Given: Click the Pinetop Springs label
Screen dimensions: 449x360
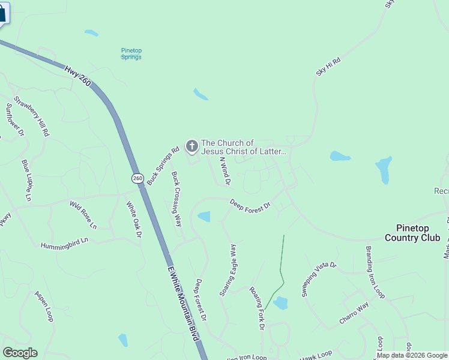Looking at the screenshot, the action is coord(131,54).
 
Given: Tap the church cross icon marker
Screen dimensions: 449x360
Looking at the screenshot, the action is coord(192,146).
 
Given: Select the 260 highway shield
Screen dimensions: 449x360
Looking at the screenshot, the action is coord(137,178).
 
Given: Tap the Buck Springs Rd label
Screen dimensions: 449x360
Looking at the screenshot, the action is coord(163,166).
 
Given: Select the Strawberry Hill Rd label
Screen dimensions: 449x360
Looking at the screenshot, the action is coord(32,115).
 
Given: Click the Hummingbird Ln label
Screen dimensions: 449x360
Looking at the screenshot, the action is coord(64,243).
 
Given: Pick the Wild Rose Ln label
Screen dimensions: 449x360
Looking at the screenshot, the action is coord(83,215).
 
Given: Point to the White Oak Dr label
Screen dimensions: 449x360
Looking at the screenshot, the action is coord(133,218).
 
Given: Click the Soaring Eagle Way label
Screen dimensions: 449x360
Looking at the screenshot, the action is coord(228,269).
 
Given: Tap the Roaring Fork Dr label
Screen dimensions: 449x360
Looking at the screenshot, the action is coord(257,307).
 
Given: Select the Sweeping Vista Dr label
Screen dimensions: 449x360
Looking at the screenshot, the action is coord(319,280).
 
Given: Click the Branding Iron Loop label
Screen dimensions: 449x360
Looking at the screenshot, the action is coord(376,272).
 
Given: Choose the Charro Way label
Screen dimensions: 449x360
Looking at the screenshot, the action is coord(354,313).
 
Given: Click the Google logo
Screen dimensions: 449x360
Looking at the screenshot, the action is coord(20,353).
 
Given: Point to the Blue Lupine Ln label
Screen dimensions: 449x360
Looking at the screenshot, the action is coord(26,179).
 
